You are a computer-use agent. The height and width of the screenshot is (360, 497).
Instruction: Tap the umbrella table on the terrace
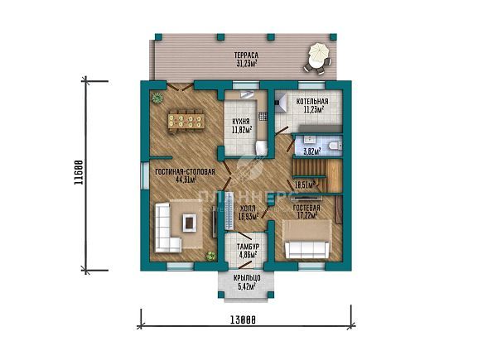[x=318, y=56]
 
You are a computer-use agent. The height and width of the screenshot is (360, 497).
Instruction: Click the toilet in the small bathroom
[x=333, y=145]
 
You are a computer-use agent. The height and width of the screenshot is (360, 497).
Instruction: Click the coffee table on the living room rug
[x=189, y=222]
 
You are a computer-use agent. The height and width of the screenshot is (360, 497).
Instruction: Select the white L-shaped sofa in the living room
[x=167, y=228]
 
